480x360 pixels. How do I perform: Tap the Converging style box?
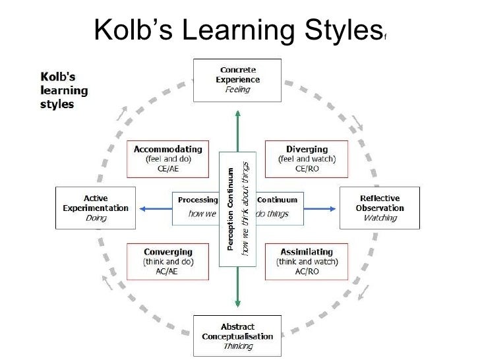pos(167,262)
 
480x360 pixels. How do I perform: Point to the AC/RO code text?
pos(307,272)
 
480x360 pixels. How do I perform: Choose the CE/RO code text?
pos(307,169)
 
